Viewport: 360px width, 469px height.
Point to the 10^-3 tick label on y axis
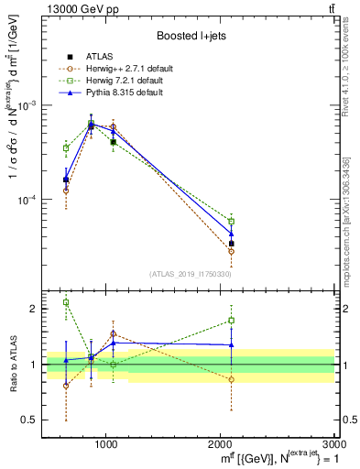point(29,105)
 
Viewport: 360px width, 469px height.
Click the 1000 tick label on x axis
point(106,444)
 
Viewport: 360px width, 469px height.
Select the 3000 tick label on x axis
point(334,444)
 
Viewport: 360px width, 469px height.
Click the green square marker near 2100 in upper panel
point(232,221)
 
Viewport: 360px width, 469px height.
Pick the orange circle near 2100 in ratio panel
point(232,379)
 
